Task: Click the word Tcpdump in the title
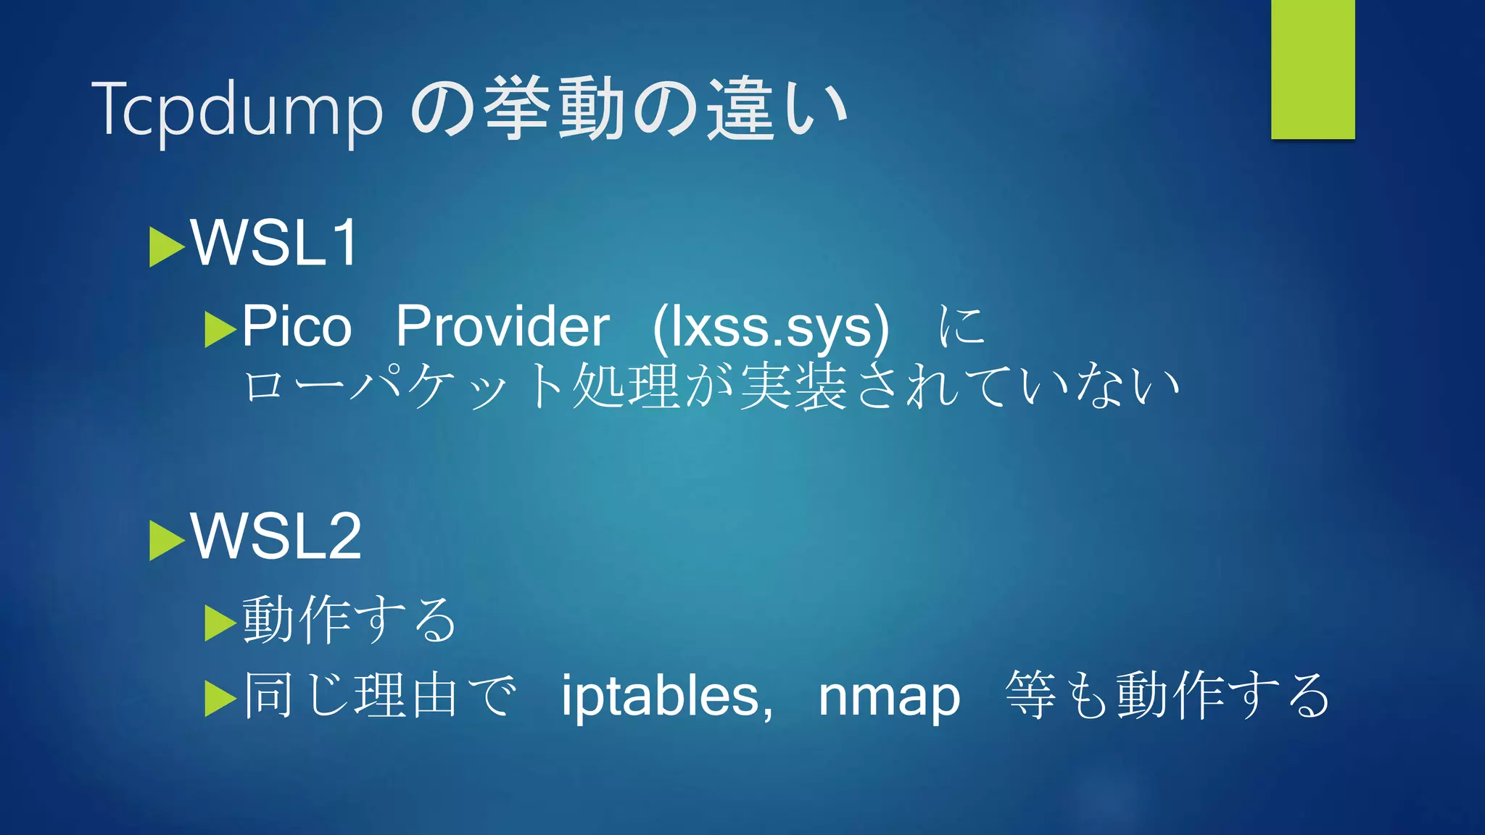tap(236, 110)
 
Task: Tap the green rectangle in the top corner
tap(1312, 69)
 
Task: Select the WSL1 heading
tap(275, 243)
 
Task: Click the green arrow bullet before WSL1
tap(166, 247)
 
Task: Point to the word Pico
tap(296, 326)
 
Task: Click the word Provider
tap(502, 326)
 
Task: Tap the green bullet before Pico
tap(220, 330)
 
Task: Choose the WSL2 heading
tap(276, 536)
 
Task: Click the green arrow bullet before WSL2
tap(166, 541)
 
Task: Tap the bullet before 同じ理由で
tap(220, 699)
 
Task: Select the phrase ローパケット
tap(402, 386)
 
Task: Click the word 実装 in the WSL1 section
tap(793, 386)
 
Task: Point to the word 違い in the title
tap(777, 110)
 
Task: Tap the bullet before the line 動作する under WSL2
tap(220, 623)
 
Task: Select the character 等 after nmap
tap(1030, 695)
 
